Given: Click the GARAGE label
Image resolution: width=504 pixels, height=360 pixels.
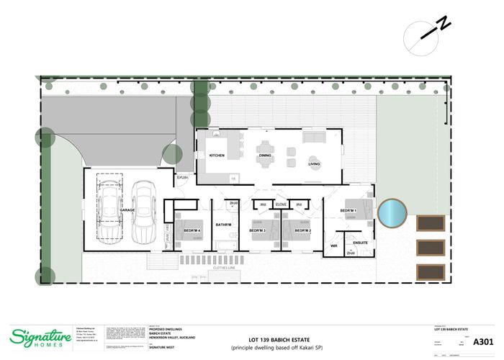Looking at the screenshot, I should (x=127, y=210).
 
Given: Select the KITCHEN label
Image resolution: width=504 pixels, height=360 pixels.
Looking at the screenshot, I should (x=217, y=156).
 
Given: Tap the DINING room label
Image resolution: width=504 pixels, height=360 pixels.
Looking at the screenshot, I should (x=265, y=156).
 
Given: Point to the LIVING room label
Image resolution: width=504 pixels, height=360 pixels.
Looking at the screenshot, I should (x=315, y=163).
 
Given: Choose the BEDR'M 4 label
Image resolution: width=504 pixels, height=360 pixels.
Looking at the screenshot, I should (x=192, y=230).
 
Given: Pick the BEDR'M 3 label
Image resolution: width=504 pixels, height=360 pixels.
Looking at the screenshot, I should (x=258, y=230).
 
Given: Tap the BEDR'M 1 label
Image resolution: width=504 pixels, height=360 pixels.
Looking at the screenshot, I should (x=348, y=210).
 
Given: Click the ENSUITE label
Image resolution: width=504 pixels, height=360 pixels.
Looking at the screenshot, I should (x=361, y=243).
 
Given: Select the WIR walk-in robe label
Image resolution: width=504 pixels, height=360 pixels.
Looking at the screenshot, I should (x=334, y=246).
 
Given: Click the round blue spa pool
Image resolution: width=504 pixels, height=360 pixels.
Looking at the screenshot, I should (x=392, y=212).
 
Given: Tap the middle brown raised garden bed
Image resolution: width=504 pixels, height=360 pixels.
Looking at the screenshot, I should (x=431, y=247).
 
